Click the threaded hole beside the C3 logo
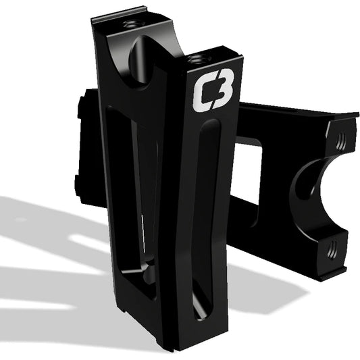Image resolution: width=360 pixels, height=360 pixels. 198,59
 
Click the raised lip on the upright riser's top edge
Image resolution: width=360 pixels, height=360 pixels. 118,14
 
